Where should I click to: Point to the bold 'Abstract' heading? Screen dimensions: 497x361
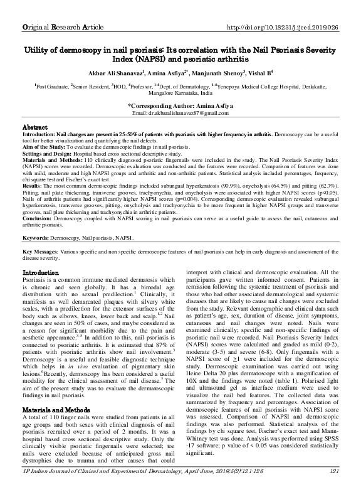[36, 127]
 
